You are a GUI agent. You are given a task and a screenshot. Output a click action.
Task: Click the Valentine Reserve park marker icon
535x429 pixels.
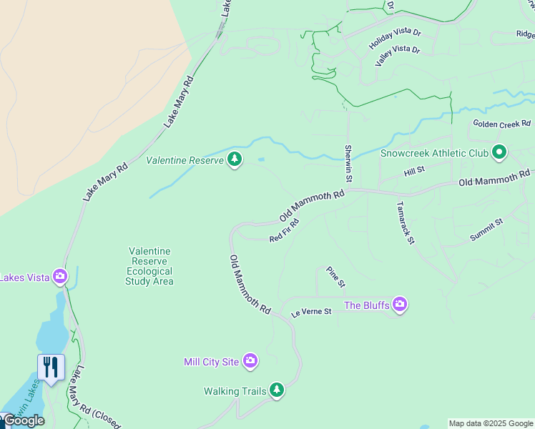tap(234, 159)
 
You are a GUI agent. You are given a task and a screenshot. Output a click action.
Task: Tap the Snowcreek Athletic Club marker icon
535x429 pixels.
tap(499, 152)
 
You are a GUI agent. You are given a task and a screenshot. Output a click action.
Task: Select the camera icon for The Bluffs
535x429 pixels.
tap(399, 305)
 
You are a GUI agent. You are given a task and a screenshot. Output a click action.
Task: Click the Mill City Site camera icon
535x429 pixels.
tap(250, 361)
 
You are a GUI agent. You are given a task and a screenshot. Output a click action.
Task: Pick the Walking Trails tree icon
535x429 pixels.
tap(277, 390)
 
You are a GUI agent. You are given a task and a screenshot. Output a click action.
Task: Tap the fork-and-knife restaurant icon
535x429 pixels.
tap(51, 368)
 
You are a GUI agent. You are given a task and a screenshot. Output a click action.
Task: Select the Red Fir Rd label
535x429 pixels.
tap(284, 230)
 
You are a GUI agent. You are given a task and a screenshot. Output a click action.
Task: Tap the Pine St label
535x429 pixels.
tap(335, 277)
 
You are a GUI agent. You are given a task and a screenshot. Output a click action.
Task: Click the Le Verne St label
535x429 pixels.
tap(311, 312)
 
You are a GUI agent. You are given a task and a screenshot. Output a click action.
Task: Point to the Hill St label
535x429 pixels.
tap(414, 170)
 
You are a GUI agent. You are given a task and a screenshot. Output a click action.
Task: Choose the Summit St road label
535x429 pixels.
tap(487, 230)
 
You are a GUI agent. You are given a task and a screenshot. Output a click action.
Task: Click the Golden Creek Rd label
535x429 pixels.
tap(502, 124)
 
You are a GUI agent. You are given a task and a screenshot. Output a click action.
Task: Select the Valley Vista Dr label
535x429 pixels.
tap(397, 55)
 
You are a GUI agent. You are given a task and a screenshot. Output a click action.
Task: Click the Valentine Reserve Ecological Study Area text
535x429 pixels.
tap(149, 266)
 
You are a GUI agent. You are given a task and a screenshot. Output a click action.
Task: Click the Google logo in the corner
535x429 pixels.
tap(23, 420)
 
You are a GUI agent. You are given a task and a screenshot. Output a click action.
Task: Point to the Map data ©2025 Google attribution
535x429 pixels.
tap(491, 423)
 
